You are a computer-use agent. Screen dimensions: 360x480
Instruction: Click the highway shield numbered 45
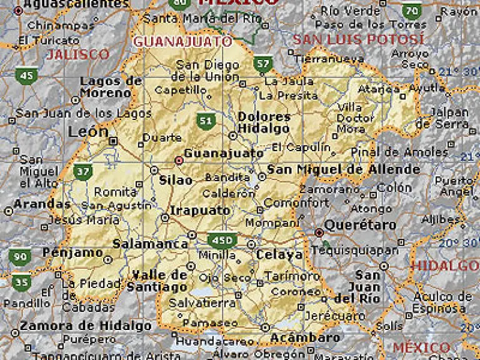[27, 76]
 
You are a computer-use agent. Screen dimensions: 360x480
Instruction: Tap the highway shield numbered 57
[262, 63]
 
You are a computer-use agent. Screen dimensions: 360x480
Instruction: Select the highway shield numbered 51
[204, 120]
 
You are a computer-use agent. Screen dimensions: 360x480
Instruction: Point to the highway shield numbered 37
[82, 171]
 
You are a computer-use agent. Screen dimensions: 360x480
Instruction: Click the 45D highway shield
[222, 240]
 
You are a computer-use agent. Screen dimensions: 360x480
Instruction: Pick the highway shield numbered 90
[19, 257]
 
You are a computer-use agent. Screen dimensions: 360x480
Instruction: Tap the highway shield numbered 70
[411, 11]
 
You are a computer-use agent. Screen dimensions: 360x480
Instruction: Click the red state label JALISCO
[78, 54]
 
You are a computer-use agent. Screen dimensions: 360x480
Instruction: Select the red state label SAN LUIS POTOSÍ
[358, 39]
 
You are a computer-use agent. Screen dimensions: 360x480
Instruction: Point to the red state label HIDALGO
[444, 265]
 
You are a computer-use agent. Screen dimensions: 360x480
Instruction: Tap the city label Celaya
[279, 255]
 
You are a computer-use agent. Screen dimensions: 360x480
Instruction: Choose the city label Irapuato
[200, 211]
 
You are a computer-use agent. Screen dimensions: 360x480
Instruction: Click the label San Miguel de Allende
[343, 169]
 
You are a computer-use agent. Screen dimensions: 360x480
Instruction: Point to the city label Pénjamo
[72, 252]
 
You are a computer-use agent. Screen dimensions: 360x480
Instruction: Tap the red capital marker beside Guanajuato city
[179, 161]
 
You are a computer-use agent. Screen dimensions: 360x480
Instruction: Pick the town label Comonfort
[296, 202]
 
